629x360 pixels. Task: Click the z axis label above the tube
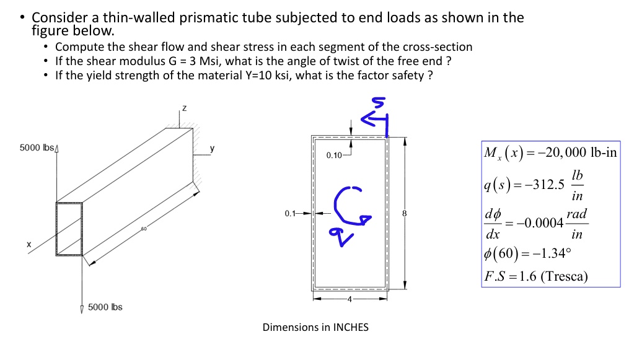[x=183, y=108]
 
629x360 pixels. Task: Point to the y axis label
[x=213, y=149]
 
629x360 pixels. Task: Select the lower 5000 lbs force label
[x=105, y=307]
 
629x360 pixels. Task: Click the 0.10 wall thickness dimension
[x=333, y=155]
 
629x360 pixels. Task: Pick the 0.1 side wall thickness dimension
[x=290, y=214]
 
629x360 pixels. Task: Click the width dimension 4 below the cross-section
[x=350, y=300]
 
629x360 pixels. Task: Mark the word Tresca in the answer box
[x=563, y=276]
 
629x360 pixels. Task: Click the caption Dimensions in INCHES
[x=315, y=327]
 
